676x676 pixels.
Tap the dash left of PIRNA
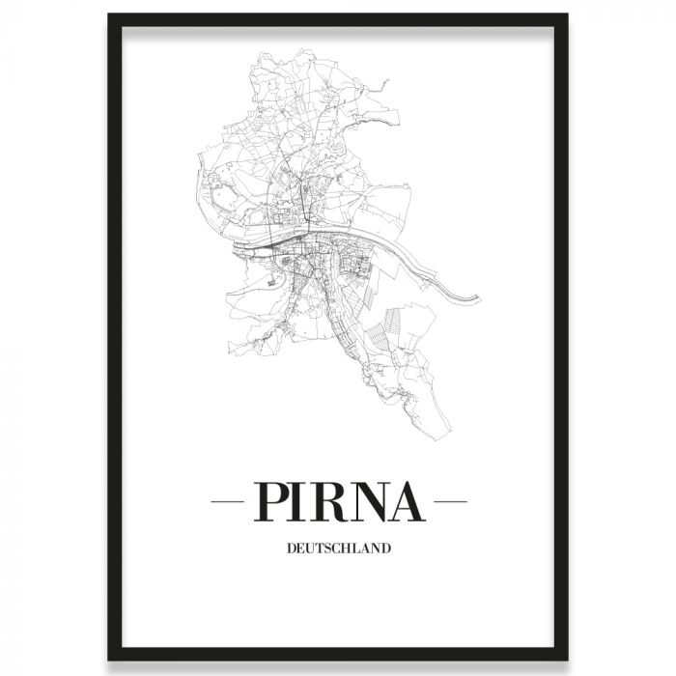pyautogui.click(x=229, y=501)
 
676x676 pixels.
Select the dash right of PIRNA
pyautogui.click(x=451, y=501)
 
